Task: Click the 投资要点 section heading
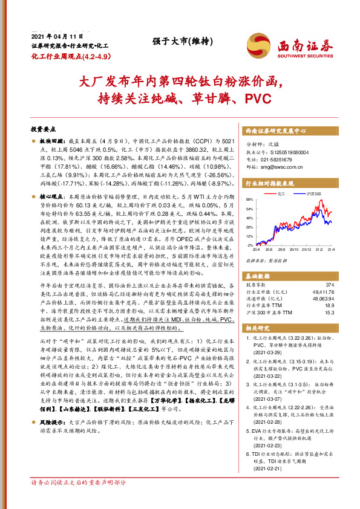[x=43, y=129]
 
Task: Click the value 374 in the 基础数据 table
[x=330, y=284]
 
